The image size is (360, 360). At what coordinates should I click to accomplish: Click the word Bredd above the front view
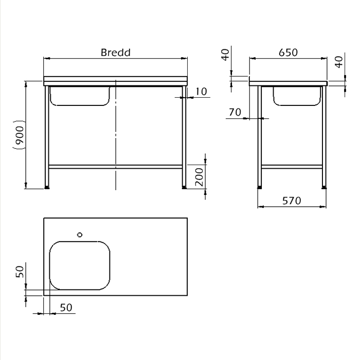(x=116, y=52)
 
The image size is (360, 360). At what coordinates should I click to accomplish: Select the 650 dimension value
(x=288, y=52)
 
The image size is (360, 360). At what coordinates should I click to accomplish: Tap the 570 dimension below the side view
(x=292, y=201)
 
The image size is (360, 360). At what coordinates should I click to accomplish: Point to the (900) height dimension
(x=19, y=135)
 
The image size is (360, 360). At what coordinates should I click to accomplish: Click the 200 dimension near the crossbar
(x=199, y=177)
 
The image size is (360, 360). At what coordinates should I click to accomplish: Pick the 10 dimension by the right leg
(x=201, y=92)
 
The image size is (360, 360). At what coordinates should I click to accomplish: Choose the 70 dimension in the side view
(x=235, y=112)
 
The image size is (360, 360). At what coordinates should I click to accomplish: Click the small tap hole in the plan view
(x=80, y=235)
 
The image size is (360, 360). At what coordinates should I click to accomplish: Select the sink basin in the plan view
(x=80, y=265)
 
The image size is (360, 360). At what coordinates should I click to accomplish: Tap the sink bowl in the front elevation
(x=80, y=96)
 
